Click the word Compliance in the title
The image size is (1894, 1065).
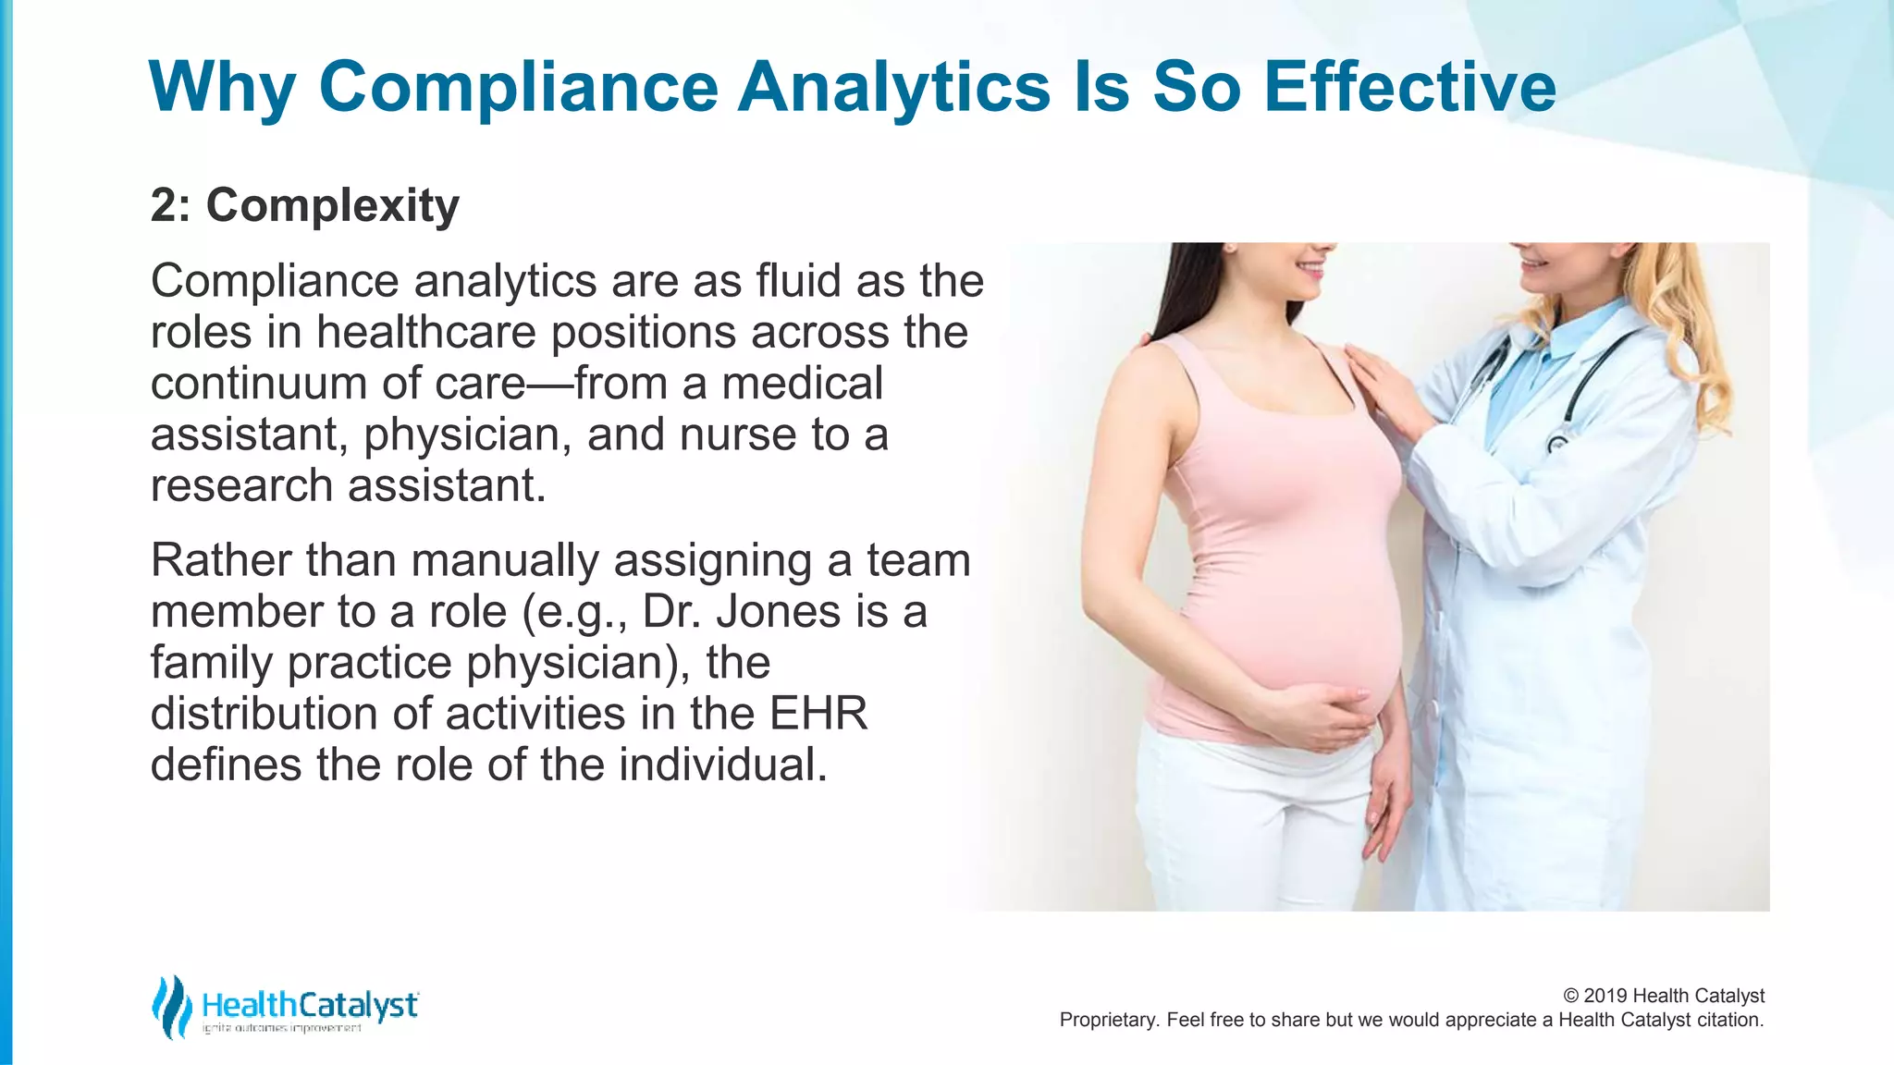click(518, 88)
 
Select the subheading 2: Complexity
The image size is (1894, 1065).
click(304, 205)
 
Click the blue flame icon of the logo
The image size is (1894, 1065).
click(170, 1007)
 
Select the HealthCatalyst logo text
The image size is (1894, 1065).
click(310, 1005)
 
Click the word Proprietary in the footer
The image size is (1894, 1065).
click(1106, 1021)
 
